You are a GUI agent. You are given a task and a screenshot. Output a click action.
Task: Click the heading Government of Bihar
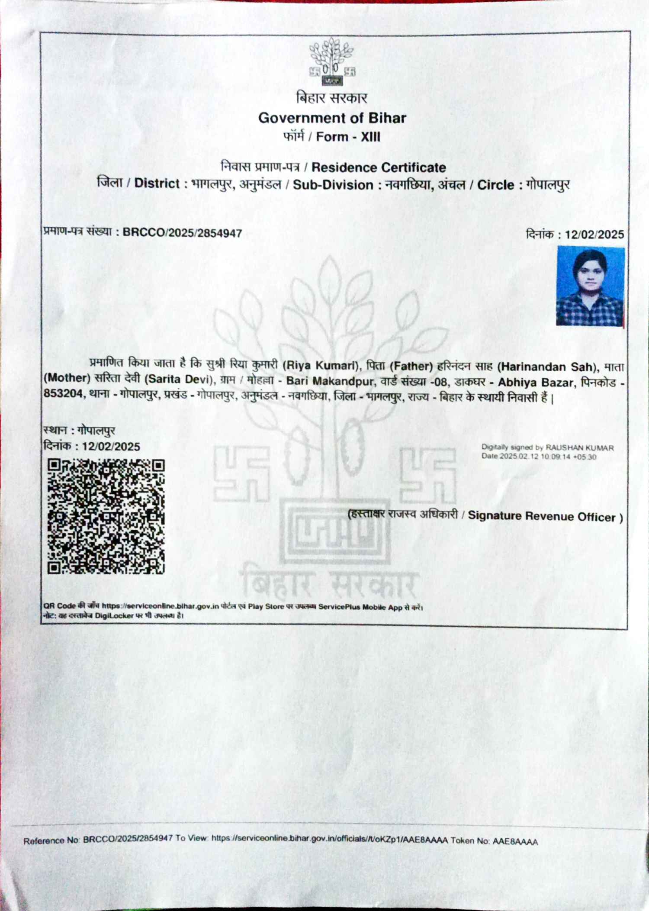click(332, 118)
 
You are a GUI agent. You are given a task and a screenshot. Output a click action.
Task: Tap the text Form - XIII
click(348, 137)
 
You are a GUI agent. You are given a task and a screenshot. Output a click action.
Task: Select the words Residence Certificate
click(379, 167)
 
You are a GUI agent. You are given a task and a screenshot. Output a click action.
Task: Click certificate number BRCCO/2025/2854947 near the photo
click(182, 233)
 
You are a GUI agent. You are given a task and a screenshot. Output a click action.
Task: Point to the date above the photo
click(594, 235)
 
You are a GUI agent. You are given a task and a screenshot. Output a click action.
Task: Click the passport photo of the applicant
click(590, 286)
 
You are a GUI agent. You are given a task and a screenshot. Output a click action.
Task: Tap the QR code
click(106, 516)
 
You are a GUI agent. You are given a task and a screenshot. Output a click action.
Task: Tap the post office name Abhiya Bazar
click(536, 383)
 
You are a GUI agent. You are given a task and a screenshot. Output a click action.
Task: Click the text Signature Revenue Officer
click(541, 516)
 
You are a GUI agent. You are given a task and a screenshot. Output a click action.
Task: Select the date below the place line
click(111, 446)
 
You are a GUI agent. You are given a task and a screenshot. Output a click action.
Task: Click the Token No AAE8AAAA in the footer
click(515, 842)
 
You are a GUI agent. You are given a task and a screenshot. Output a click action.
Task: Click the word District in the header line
click(157, 183)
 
